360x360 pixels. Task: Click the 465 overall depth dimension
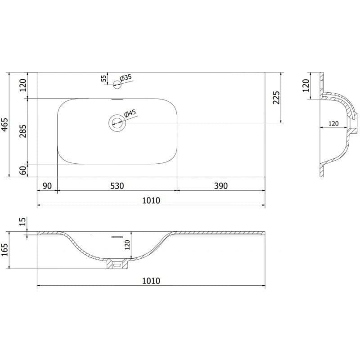(4, 125)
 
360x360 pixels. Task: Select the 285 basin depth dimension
(23, 131)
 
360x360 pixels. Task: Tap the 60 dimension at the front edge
(23, 171)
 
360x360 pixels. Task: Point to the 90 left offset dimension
(47, 186)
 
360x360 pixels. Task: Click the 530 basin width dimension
(117, 186)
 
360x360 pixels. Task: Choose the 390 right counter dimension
(221, 186)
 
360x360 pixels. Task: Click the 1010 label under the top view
(151, 200)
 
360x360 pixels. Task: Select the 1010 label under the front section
(151, 281)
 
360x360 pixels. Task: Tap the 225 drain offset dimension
(276, 98)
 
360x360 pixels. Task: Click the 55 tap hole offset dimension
(104, 78)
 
